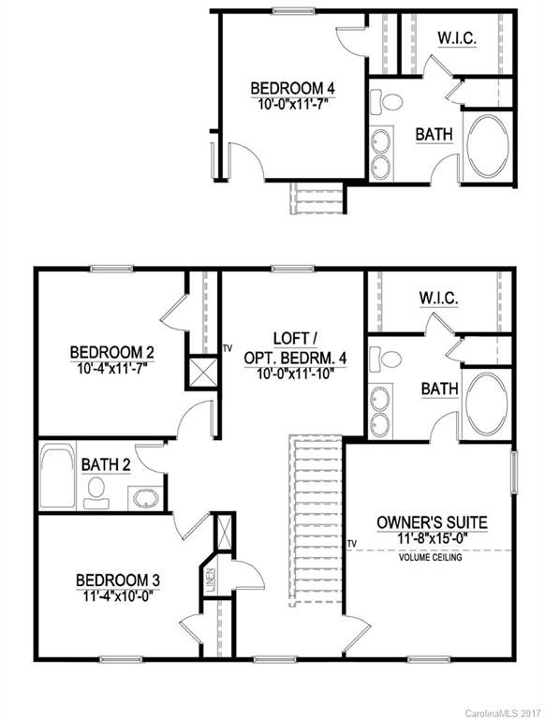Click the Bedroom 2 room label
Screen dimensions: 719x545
click(111, 352)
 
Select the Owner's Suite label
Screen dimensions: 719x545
click(432, 521)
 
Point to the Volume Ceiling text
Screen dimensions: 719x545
click(431, 558)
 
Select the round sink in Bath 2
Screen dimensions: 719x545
click(143, 496)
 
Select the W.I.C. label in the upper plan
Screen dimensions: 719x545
click(459, 38)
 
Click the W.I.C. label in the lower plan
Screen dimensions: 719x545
click(438, 299)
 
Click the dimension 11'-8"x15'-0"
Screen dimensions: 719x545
click(432, 539)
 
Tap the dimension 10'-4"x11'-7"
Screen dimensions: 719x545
click(111, 367)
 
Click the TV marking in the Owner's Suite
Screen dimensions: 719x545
click(352, 542)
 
